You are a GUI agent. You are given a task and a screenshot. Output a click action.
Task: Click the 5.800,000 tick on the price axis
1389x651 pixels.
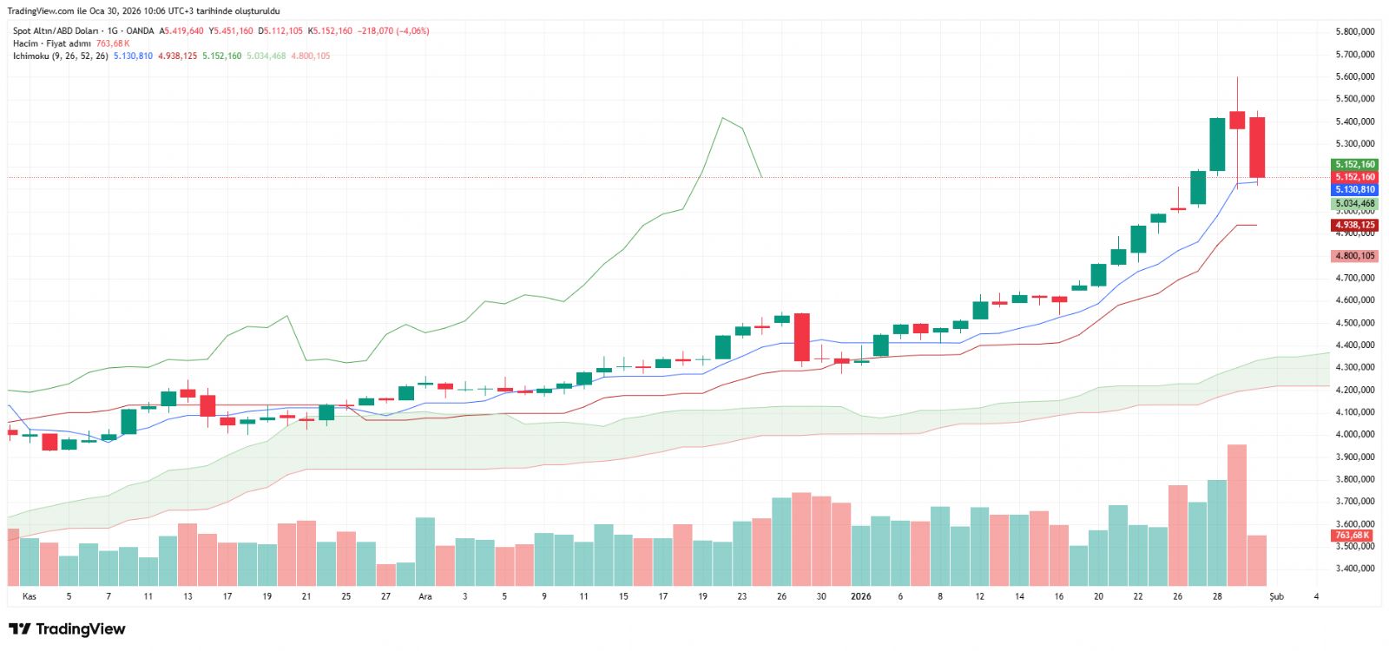click(1354, 31)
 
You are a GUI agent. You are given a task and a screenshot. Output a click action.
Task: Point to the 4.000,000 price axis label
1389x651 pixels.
click(1354, 434)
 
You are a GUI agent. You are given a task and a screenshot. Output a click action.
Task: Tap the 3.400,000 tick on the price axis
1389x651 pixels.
click(1354, 569)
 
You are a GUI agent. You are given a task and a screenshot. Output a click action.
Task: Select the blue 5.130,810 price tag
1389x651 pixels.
click(1354, 189)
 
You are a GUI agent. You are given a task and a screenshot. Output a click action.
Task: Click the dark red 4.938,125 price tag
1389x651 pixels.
click(1354, 225)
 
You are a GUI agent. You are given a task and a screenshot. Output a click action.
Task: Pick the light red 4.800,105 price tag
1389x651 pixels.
click(1354, 256)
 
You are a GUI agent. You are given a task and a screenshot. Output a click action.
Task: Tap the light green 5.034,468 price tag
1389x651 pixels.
click(1354, 204)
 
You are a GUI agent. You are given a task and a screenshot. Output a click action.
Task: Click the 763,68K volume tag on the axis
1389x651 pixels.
click(1353, 536)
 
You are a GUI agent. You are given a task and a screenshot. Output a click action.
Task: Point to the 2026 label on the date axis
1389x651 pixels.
click(860, 596)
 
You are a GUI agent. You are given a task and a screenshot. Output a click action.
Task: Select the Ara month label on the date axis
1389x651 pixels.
click(425, 596)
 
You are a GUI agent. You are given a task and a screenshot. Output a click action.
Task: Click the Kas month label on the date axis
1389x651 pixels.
click(30, 596)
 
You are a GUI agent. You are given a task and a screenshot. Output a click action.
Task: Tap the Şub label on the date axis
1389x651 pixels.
click(1276, 596)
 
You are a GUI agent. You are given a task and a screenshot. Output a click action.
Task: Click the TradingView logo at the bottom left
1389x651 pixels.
click(67, 629)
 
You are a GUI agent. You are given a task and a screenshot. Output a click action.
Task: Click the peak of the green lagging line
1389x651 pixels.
click(722, 118)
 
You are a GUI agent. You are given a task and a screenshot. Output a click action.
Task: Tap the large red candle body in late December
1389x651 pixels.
click(801, 337)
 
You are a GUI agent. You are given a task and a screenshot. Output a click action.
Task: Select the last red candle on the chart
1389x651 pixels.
click(1256, 148)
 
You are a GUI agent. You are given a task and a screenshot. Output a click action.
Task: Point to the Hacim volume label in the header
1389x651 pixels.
click(25, 43)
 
